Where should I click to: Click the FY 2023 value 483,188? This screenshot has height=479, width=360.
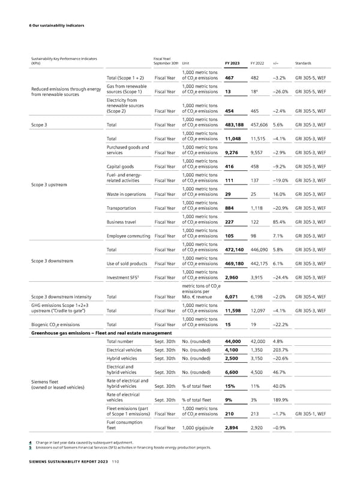[x=236, y=125]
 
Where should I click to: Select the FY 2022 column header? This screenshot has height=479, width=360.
[x=257, y=63]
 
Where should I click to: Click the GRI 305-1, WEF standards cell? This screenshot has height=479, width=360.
[x=311, y=430]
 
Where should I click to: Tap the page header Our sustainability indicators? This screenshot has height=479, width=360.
[x=55, y=25]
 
